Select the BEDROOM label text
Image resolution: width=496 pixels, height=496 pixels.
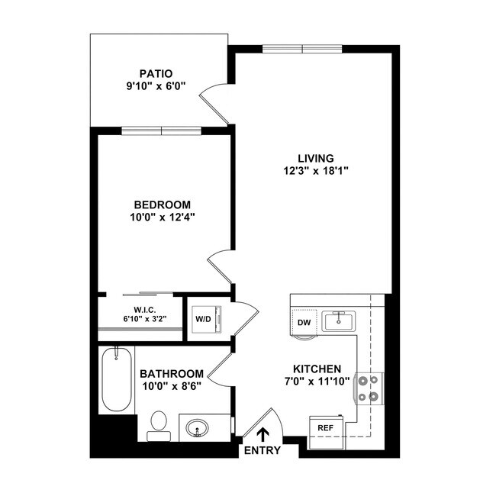163,205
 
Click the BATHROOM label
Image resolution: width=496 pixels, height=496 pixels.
172,373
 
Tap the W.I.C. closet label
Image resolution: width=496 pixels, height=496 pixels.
145,309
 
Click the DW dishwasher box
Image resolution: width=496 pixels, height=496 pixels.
304,323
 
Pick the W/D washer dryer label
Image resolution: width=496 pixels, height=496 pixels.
203,318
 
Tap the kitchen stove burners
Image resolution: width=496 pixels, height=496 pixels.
369,388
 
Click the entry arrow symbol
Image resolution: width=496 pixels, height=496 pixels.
263,434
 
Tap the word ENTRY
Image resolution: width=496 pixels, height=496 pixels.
262,450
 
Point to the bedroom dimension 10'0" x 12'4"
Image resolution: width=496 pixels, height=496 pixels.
163,217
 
